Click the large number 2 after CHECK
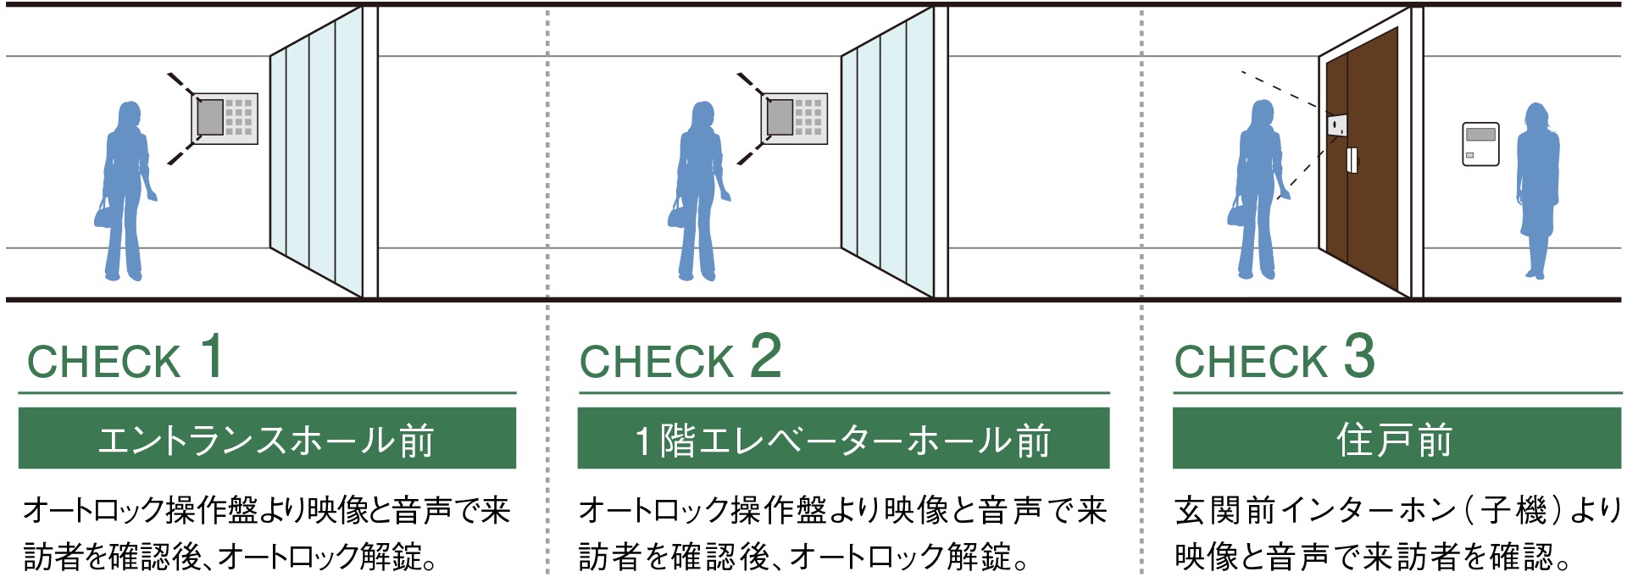765,356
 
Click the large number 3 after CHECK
1359,356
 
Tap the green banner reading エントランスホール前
267,438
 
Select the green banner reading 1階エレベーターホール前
843,438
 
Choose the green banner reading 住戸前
1396,438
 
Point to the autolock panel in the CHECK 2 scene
795,118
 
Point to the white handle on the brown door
1352,160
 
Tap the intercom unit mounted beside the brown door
1336,126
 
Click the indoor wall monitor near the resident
1480,143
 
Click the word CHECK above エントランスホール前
104,362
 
